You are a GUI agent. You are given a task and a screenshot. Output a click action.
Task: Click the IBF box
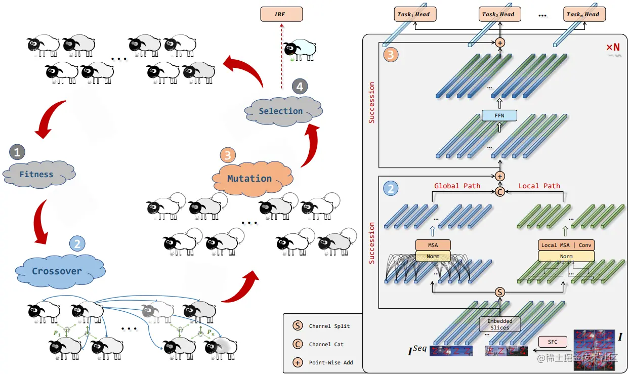coord(281,14)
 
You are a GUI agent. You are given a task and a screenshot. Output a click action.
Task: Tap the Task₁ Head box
coord(415,14)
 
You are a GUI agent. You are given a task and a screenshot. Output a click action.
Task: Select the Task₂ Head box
coord(500,14)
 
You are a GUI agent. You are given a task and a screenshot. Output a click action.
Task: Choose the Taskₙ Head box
coord(584,14)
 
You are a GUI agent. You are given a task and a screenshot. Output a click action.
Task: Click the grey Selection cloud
coord(283,111)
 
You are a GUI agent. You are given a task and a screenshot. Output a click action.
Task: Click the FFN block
coord(499,115)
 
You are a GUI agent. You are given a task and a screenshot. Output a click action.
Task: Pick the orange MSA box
coord(433,245)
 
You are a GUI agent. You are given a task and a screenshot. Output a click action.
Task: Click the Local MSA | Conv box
coord(566,245)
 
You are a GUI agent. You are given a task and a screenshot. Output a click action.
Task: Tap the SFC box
coord(553,342)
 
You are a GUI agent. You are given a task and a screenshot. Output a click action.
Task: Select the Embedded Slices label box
coord(500,324)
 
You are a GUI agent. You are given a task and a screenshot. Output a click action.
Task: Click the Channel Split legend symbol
coord(298,326)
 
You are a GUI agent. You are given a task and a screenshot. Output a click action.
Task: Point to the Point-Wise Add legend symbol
coord(298,362)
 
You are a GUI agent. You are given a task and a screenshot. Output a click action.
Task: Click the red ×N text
coord(613,47)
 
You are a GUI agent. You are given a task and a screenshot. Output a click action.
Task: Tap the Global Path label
coord(457,186)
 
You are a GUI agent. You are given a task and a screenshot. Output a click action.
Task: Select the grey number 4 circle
coord(300,87)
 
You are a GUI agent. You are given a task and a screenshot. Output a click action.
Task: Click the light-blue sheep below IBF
coord(300,51)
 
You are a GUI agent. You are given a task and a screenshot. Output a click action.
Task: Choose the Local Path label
coord(539,186)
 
